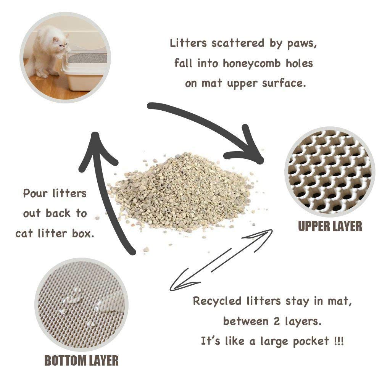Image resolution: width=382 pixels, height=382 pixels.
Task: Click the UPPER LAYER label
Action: click(x=330, y=226)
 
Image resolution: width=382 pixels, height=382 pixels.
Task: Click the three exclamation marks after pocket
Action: click(x=338, y=341)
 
